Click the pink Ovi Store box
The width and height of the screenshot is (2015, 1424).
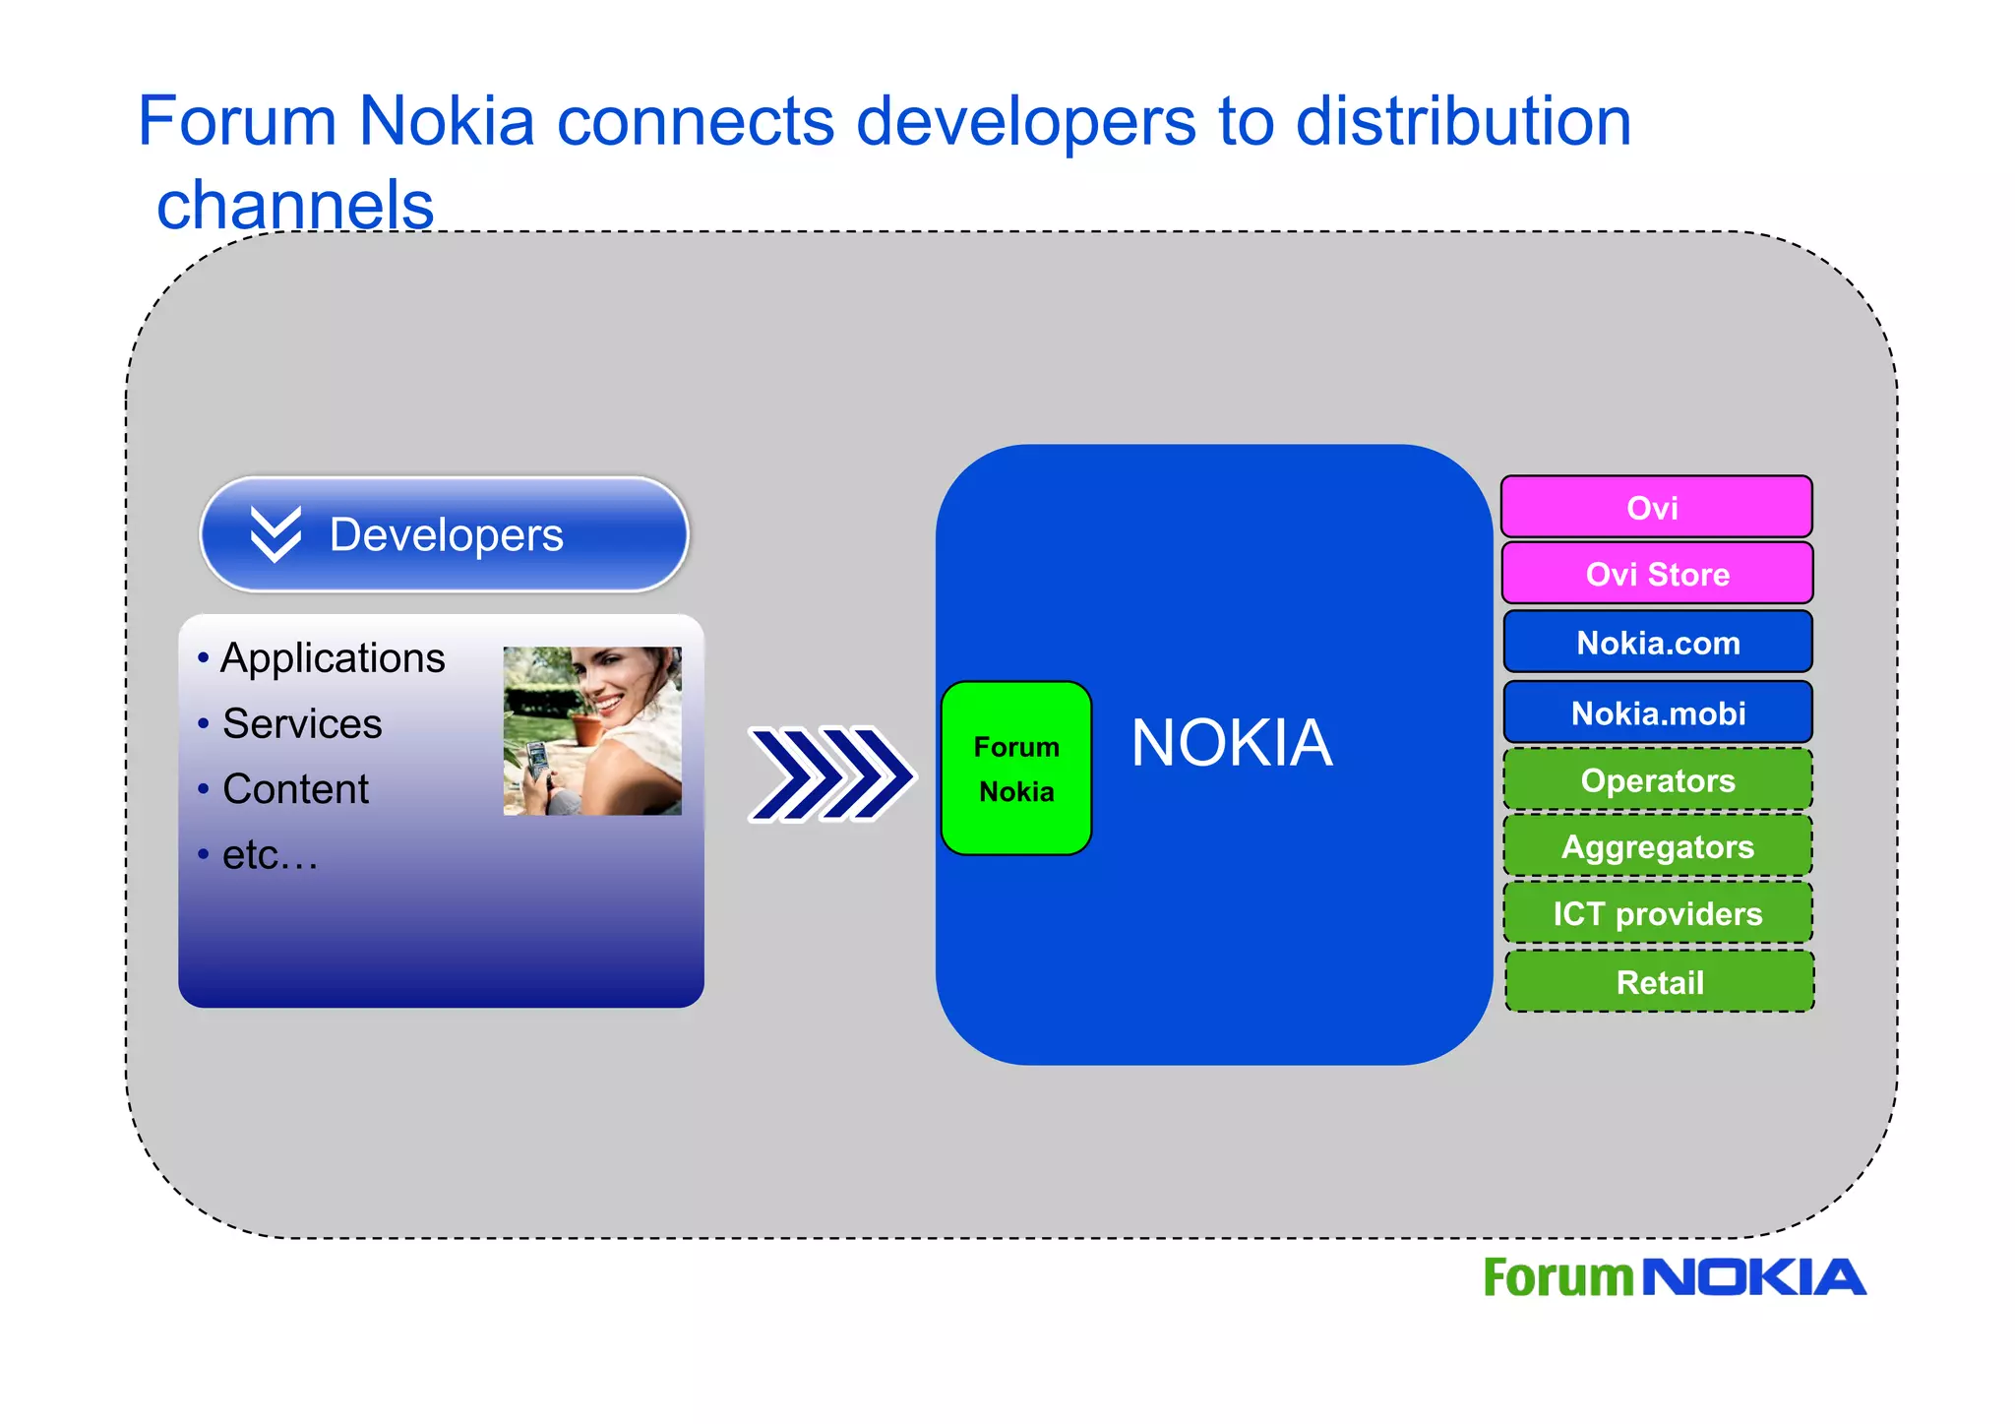click(1657, 574)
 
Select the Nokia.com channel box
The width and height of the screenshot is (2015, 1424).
click(1657, 643)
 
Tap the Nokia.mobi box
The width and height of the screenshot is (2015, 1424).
click(1657, 712)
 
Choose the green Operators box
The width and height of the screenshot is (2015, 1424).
click(1657, 780)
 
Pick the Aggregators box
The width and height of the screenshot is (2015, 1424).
click(1657, 846)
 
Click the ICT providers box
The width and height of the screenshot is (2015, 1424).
click(1657, 913)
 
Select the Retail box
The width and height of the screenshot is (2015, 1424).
click(1659, 982)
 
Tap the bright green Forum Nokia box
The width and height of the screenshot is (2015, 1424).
click(1016, 769)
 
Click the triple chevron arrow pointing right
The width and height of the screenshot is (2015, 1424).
click(831, 774)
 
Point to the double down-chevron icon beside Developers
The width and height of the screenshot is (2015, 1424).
click(275, 534)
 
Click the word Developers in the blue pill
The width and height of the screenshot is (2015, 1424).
click(446, 535)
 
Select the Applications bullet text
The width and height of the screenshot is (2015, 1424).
click(333, 658)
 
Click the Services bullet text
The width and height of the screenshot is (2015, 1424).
click(302, 724)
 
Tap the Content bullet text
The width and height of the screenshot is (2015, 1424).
click(295, 789)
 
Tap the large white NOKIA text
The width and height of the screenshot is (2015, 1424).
click(1231, 743)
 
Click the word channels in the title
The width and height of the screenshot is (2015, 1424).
click(295, 205)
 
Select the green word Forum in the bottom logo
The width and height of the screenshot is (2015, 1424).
click(1557, 1278)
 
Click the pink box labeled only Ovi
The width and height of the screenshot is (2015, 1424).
click(1657, 508)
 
